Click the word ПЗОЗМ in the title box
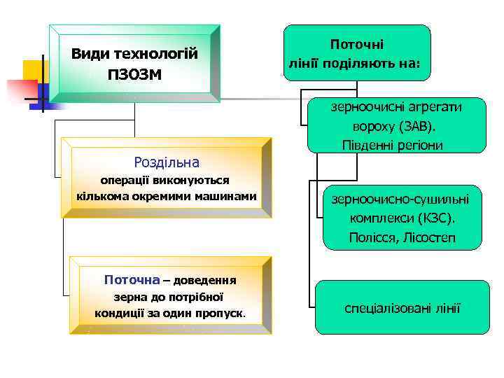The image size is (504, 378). point(134,73)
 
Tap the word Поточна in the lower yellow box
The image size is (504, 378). point(132,280)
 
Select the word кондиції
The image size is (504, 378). point(122,312)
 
